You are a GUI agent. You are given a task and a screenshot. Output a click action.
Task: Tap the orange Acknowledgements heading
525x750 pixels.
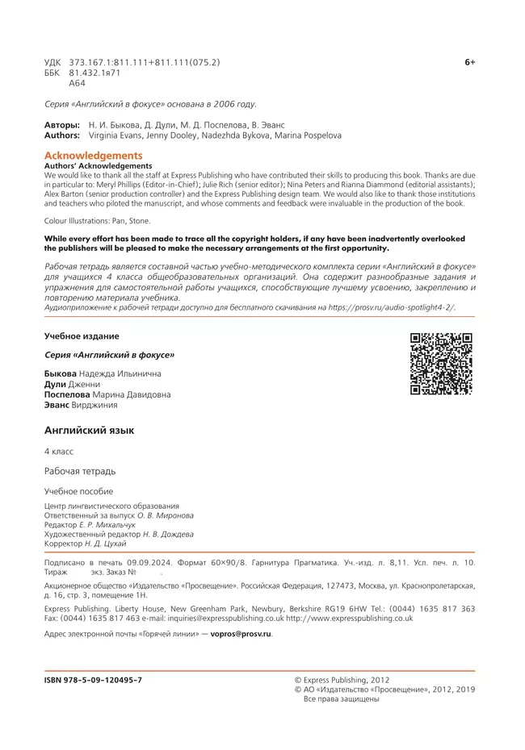[x=93, y=156]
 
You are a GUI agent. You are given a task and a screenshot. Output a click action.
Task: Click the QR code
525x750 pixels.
[x=441, y=364]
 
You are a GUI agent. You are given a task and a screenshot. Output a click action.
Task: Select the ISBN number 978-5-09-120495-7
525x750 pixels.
[x=93, y=680]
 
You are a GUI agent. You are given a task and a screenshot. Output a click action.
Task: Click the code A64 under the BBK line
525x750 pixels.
[x=78, y=83]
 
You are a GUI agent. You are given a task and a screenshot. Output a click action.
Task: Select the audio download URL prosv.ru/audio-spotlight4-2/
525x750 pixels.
[x=391, y=307]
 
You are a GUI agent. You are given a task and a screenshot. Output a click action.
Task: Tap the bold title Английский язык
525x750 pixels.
[x=89, y=431]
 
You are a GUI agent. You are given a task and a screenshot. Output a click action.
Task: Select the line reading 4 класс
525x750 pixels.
[x=59, y=452]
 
